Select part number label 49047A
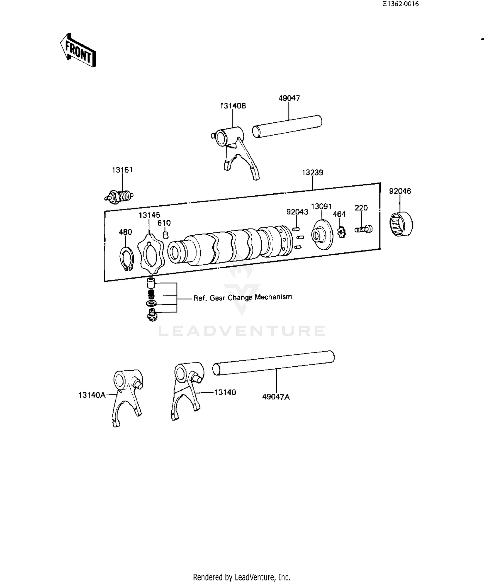(x=276, y=397)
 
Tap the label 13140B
(x=233, y=106)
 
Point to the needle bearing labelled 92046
(x=400, y=224)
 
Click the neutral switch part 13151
(x=119, y=196)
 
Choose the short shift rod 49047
(x=287, y=127)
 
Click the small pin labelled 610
(x=165, y=234)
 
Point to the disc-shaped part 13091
(x=322, y=234)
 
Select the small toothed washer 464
(x=341, y=232)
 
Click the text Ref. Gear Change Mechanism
(x=243, y=297)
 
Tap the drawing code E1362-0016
(x=400, y=4)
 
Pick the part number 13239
(x=312, y=172)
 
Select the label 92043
(x=297, y=212)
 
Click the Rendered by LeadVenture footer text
(x=242, y=577)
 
